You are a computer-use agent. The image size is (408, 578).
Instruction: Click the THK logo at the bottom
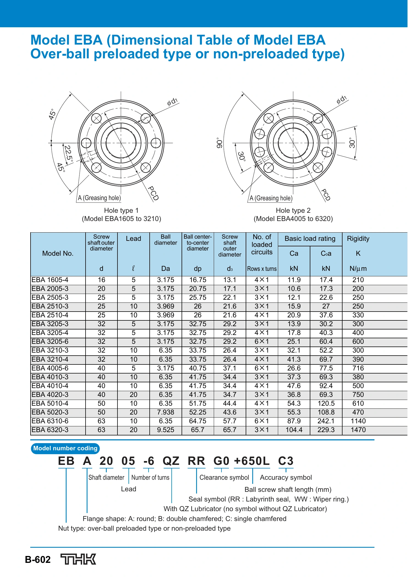78,559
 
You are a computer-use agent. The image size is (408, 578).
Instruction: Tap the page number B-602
38,560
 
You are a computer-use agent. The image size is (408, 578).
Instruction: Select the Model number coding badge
65,448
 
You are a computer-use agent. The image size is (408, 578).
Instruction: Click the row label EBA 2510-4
50,315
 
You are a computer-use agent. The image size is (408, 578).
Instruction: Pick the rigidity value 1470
358,430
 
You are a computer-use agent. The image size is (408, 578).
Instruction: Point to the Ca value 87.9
294,421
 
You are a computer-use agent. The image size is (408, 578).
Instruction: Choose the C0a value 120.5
326,403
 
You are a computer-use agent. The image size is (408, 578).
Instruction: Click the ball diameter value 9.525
166,430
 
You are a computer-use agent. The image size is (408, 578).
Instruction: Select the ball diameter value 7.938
166,412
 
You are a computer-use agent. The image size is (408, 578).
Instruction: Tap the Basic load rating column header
310,239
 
